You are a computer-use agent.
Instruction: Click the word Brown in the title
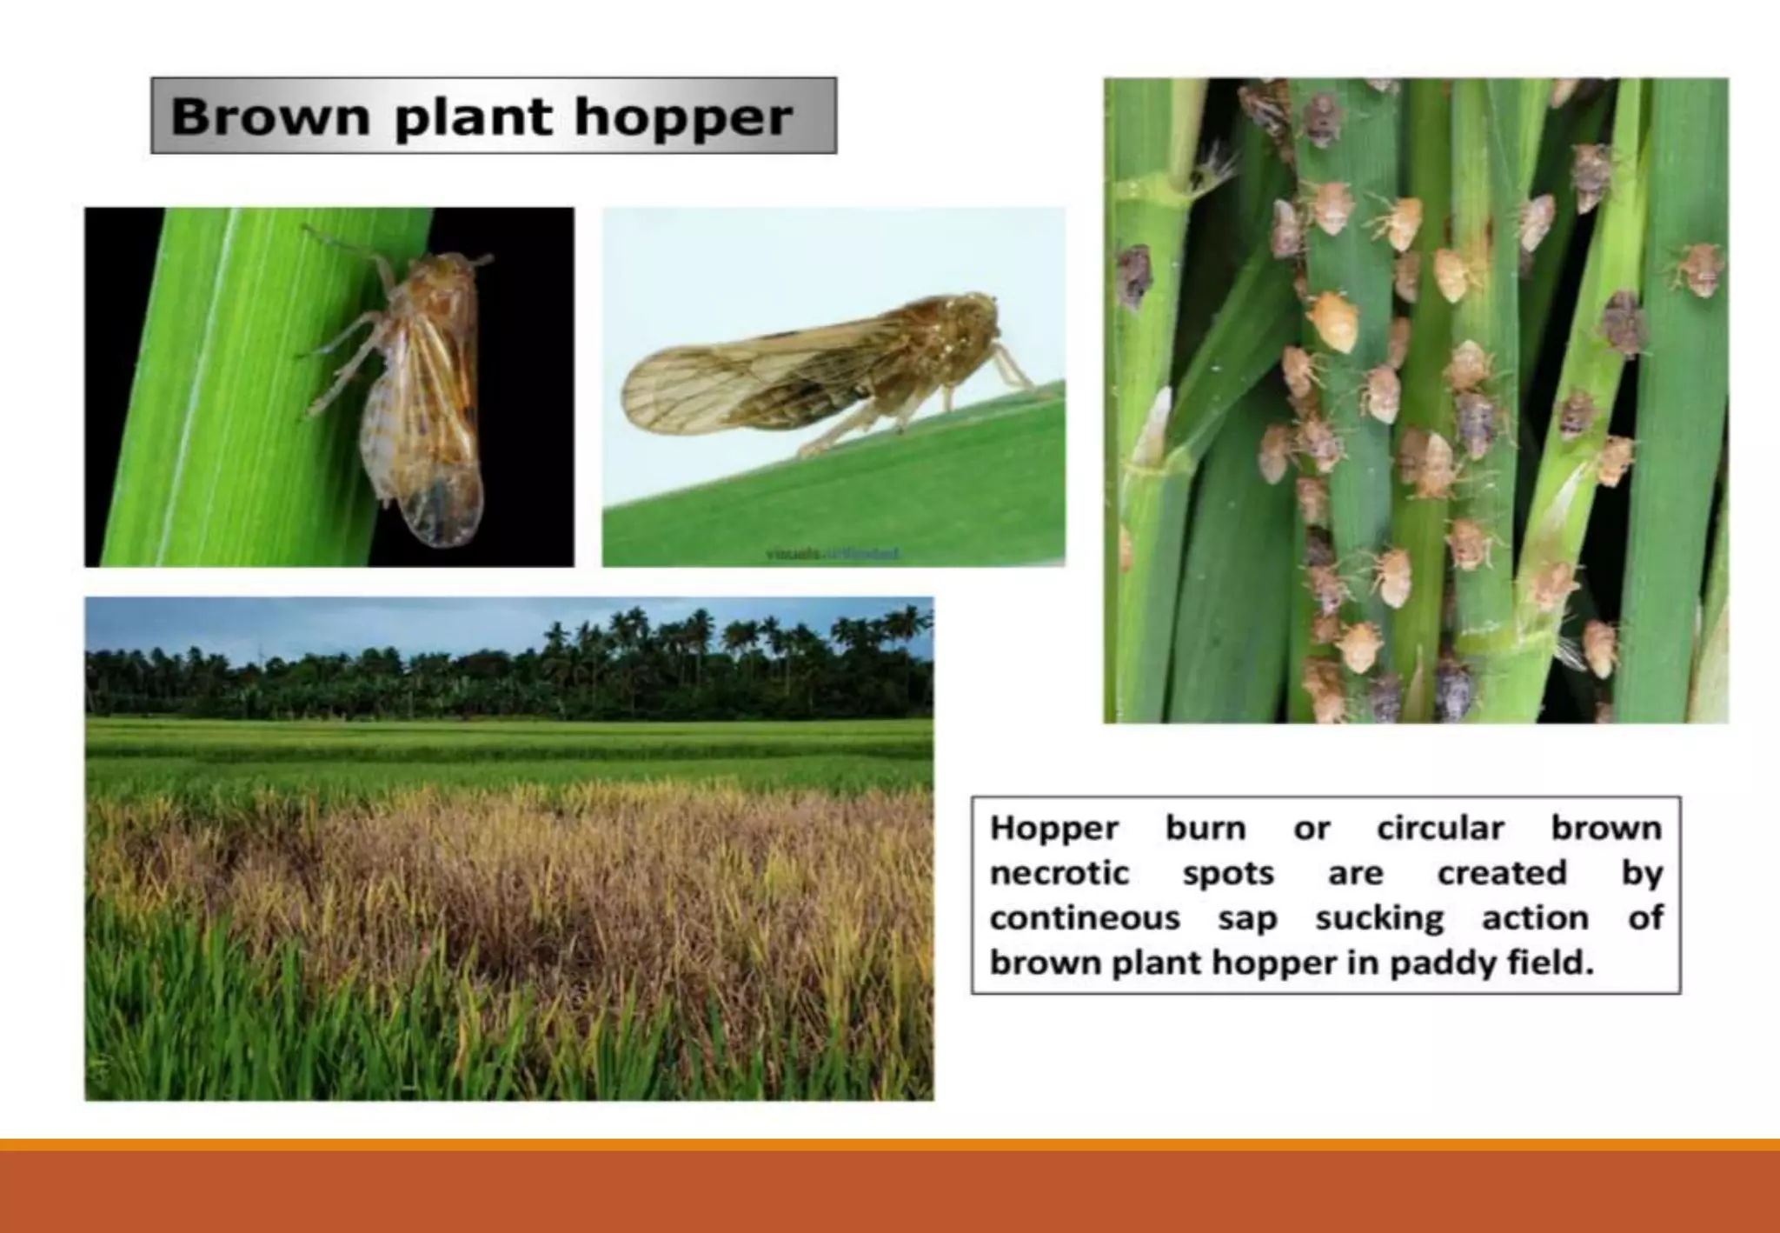pos(270,117)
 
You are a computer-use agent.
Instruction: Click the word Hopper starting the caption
pos(1053,828)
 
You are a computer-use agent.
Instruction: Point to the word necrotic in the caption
pos(1058,873)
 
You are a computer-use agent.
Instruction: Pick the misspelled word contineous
pos(1084,918)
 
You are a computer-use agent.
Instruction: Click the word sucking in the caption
pos(1378,918)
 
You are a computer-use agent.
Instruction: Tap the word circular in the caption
pos(1439,828)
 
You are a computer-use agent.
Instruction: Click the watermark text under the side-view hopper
pos(833,554)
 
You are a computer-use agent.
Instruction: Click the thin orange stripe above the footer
pos(890,1144)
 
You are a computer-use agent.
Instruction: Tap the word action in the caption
pos(1535,918)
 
